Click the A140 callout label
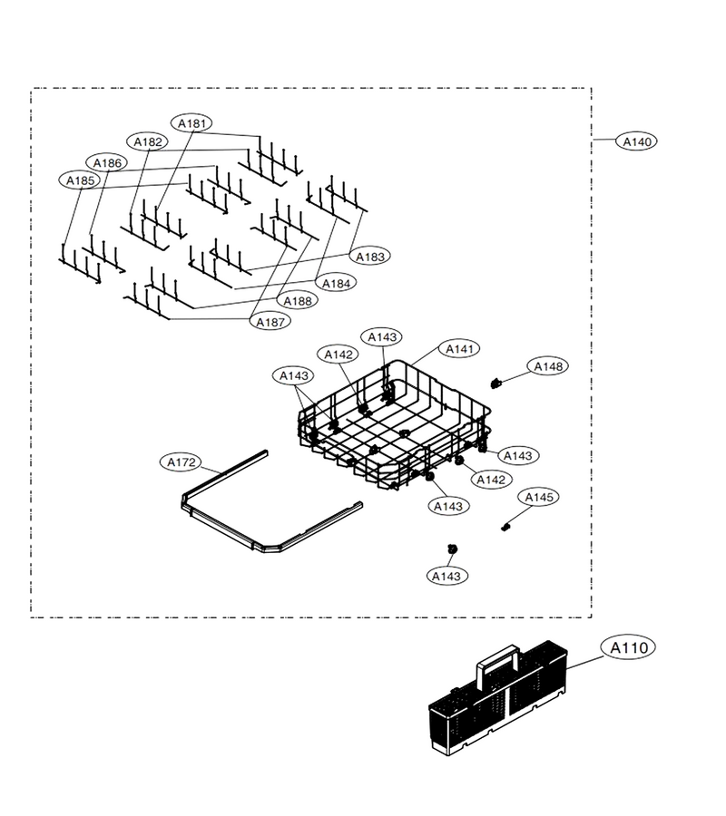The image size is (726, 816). [636, 141]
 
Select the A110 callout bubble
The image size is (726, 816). [628, 647]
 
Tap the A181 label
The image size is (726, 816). [191, 123]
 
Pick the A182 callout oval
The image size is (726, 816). [147, 141]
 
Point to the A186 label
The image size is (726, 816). [107, 163]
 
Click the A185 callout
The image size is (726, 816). [80, 180]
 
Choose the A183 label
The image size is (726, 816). [369, 256]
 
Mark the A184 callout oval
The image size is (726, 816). [336, 283]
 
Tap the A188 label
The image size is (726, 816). [298, 300]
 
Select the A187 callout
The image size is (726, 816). [270, 322]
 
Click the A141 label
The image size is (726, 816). [459, 349]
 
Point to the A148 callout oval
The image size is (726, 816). [548, 366]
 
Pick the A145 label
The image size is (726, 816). [538, 497]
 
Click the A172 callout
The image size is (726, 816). [181, 461]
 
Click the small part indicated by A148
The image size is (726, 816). [495, 384]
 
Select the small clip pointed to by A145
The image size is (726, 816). [505, 527]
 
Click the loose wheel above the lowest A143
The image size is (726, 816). [453, 549]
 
